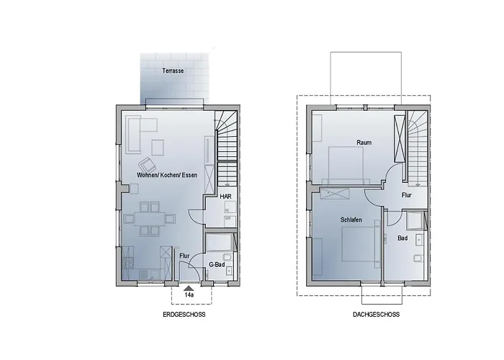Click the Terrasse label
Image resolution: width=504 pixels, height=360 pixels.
click(x=172, y=71)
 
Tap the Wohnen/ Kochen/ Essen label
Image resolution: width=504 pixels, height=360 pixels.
click(x=166, y=176)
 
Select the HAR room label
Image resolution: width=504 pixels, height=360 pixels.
click(x=225, y=195)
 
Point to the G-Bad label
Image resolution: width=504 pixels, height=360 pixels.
click(x=218, y=265)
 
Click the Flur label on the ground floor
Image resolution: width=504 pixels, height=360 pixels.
click(x=184, y=255)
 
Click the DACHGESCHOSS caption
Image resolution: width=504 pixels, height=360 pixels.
click(x=377, y=315)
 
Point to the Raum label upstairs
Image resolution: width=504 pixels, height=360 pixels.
click(x=364, y=143)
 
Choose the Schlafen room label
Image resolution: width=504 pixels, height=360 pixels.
click(x=351, y=219)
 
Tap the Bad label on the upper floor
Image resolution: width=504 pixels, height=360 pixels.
click(x=402, y=237)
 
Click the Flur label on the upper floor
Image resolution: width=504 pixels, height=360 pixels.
click(x=407, y=194)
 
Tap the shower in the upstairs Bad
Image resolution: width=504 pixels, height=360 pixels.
click(x=415, y=220)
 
